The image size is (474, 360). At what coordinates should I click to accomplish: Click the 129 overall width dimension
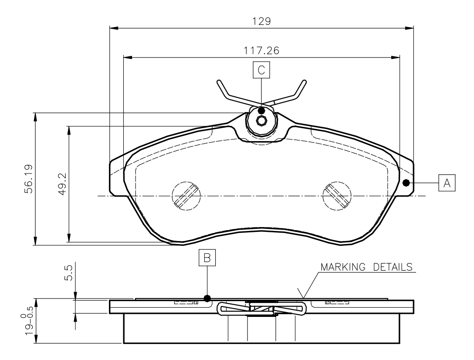[261, 21]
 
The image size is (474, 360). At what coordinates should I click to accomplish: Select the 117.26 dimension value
[261, 51]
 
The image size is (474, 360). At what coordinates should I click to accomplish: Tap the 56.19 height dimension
[29, 179]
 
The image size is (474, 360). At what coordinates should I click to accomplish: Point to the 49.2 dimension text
[62, 184]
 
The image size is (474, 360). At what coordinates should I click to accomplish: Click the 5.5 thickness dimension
[69, 272]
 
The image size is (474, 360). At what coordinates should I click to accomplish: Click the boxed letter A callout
[447, 183]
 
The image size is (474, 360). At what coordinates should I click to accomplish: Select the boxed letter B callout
[207, 258]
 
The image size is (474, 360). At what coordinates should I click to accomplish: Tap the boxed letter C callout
[261, 70]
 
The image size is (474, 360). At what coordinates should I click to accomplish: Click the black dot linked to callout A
[406, 183]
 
